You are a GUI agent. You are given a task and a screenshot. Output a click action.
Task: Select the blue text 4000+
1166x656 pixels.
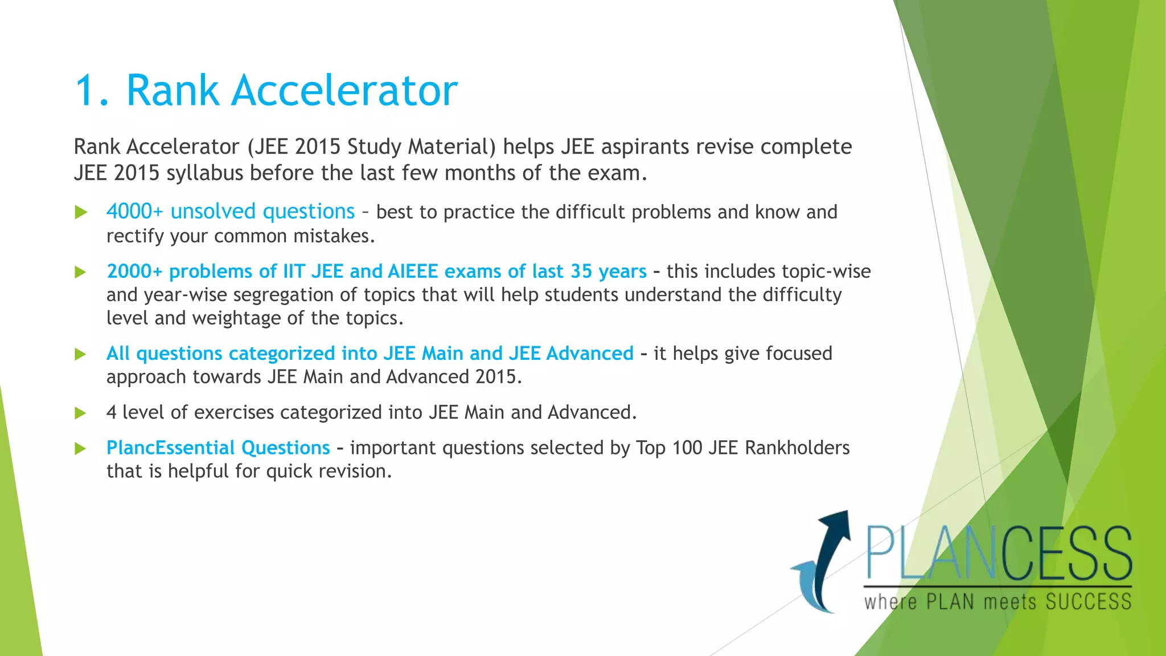pyautogui.click(x=134, y=211)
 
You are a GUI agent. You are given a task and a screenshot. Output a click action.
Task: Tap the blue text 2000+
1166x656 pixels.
pyautogui.click(x=134, y=271)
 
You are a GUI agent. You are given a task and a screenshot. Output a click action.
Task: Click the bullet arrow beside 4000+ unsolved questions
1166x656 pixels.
pyautogui.click(x=81, y=212)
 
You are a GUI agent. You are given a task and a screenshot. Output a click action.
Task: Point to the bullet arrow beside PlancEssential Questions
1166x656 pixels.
pyautogui.click(x=81, y=449)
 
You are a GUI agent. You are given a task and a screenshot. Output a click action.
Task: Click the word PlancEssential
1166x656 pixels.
pyautogui.click(x=170, y=448)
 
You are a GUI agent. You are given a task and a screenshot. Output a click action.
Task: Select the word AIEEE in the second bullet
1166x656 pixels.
pyautogui.click(x=413, y=271)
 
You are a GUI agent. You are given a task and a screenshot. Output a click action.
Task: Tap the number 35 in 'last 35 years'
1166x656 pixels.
pyautogui.click(x=581, y=271)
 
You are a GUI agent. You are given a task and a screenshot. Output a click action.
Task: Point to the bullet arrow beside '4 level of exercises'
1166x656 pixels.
pyautogui.click(x=81, y=413)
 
